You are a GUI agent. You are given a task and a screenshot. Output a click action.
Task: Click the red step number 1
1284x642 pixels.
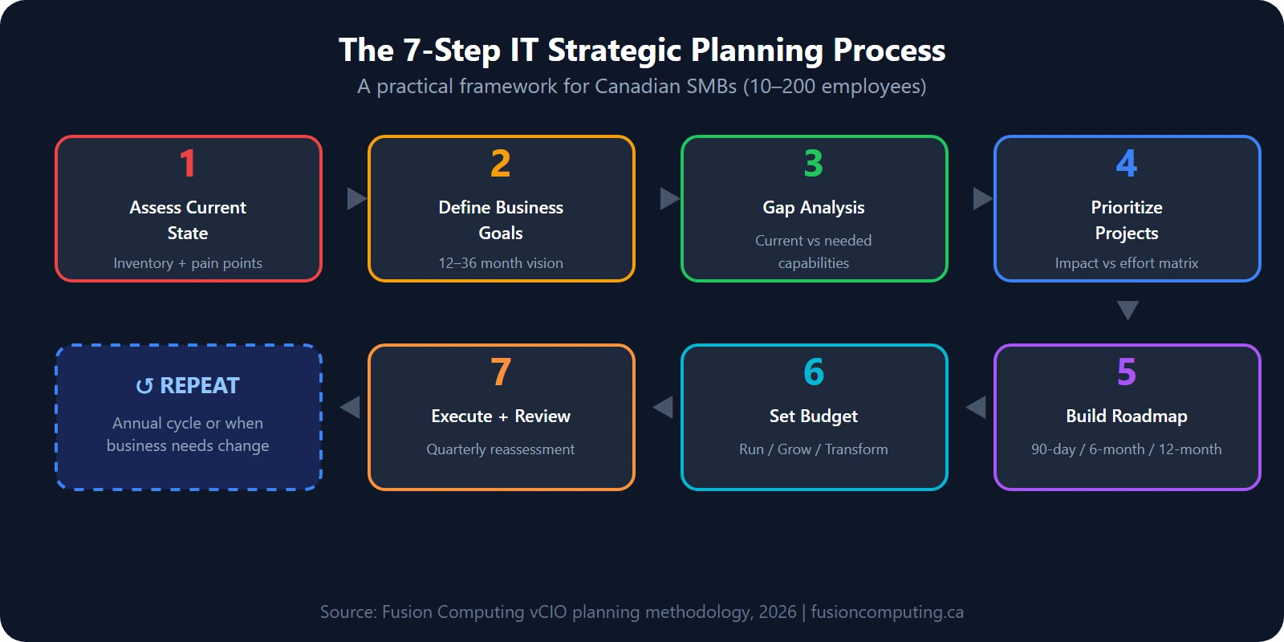pyautogui.click(x=188, y=164)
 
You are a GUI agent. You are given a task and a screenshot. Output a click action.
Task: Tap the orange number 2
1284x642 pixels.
pyautogui.click(x=501, y=164)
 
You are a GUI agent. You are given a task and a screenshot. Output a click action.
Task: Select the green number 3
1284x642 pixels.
pyautogui.click(x=814, y=164)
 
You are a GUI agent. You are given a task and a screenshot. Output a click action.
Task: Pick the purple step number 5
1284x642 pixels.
pyautogui.click(x=1127, y=372)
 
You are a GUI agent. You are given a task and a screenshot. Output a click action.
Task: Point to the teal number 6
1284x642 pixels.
pyautogui.click(x=814, y=372)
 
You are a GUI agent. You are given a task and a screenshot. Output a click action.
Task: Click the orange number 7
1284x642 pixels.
pyautogui.click(x=501, y=372)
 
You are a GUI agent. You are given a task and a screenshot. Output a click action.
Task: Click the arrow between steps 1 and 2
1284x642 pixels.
pyautogui.click(x=356, y=198)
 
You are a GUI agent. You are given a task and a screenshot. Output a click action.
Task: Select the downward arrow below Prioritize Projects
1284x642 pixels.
pyautogui.click(x=1128, y=311)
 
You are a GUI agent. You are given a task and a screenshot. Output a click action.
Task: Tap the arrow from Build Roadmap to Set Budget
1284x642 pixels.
pyautogui.click(x=976, y=407)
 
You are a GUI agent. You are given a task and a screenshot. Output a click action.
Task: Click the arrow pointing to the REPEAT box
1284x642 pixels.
pyautogui.click(x=350, y=407)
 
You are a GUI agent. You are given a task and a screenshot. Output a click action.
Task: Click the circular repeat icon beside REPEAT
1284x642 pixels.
pyautogui.click(x=144, y=387)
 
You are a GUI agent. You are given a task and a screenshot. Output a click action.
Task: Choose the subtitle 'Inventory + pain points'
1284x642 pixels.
pyautogui.click(x=188, y=263)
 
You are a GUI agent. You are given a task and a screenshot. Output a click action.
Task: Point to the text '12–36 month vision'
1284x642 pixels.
pyautogui.click(x=501, y=263)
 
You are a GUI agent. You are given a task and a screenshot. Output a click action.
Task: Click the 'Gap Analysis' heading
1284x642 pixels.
pyautogui.click(x=814, y=207)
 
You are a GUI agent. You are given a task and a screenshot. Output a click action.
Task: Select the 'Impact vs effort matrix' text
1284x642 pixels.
pyautogui.click(x=1127, y=263)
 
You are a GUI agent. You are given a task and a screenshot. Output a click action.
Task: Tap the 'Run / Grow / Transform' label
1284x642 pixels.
pyautogui.click(x=814, y=449)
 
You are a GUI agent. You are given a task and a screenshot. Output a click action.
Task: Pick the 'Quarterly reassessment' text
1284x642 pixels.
pyautogui.click(x=501, y=449)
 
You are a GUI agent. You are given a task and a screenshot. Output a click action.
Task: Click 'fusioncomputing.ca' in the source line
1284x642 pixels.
pyautogui.click(x=887, y=612)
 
